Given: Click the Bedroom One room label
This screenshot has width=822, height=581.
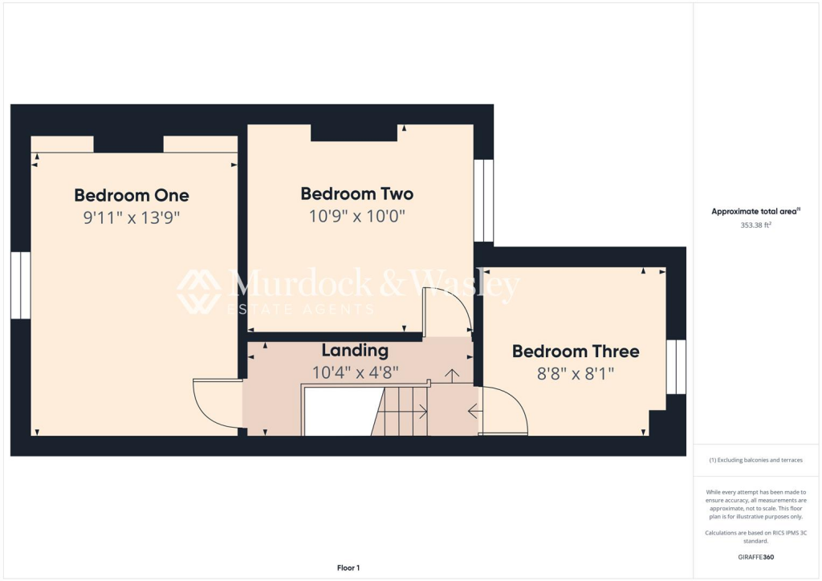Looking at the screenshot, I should pyautogui.click(x=132, y=195).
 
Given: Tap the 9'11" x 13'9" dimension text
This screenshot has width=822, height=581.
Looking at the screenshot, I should pyautogui.click(x=132, y=217).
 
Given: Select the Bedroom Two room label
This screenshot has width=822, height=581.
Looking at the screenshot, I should pyautogui.click(x=357, y=193).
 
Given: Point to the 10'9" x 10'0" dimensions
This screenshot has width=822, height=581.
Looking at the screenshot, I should pyautogui.click(x=357, y=216).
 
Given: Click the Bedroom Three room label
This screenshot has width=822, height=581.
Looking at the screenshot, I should pyautogui.click(x=576, y=351).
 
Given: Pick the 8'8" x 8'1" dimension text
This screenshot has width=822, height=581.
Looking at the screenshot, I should pyautogui.click(x=576, y=373).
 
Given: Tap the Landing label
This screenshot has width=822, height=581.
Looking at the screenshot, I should pyautogui.click(x=355, y=351).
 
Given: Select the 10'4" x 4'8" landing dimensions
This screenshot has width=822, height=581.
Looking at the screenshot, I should pyautogui.click(x=355, y=372).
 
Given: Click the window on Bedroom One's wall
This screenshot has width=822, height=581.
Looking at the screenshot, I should pyautogui.click(x=20, y=285).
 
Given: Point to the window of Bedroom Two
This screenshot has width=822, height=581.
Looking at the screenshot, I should pyautogui.click(x=483, y=201).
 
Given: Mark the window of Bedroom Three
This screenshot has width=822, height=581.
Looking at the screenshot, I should pyautogui.click(x=676, y=367).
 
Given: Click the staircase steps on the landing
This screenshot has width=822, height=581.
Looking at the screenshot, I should pyautogui.click(x=401, y=411).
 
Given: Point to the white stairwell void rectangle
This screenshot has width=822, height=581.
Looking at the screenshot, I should pyautogui.click(x=337, y=411).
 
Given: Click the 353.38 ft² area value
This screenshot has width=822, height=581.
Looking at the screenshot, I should pyautogui.click(x=755, y=225).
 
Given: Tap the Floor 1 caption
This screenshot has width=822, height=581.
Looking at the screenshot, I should pyautogui.click(x=348, y=568).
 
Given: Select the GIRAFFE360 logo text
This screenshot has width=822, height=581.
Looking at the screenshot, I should pyautogui.click(x=756, y=557).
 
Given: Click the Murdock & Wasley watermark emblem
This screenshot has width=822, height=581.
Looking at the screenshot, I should pyautogui.click(x=199, y=291).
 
